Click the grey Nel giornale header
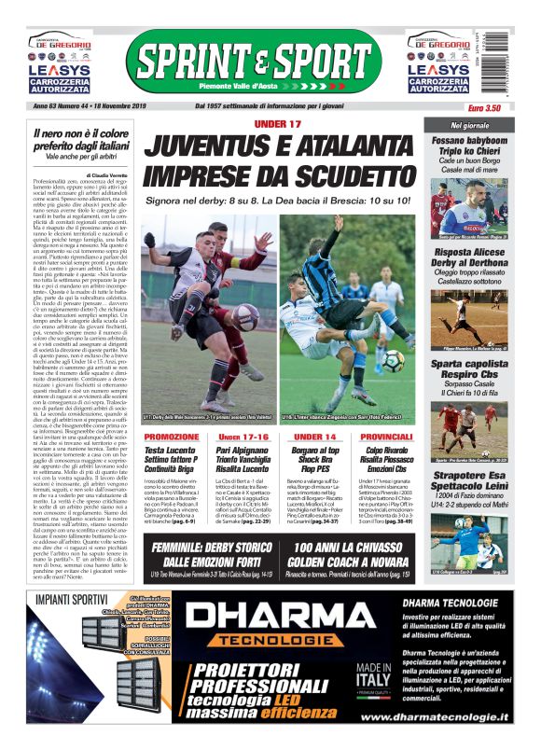[470, 124]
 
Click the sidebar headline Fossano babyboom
[470, 140]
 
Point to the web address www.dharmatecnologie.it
[434, 716]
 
